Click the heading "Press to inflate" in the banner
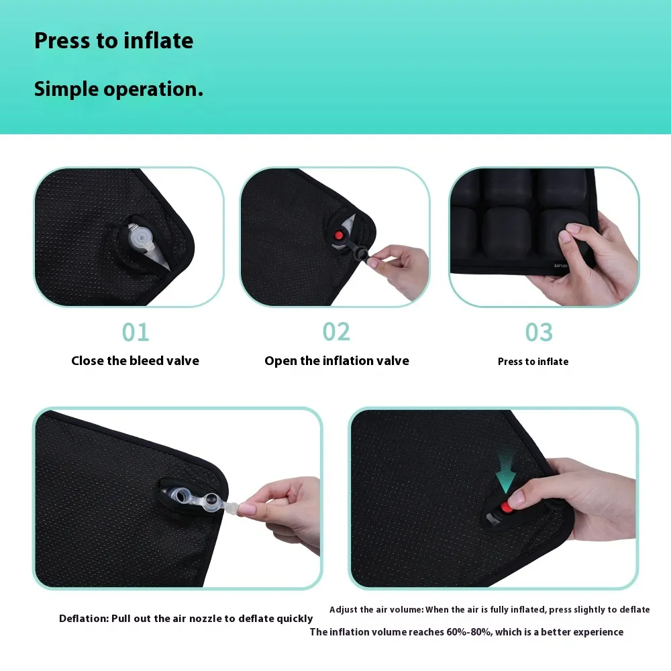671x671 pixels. [x=114, y=41]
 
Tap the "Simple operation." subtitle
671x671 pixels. [x=119, y=89]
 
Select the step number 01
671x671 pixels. [x=136, y=332]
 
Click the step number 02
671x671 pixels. [x=336, y=332]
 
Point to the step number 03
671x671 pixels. [x=539, y=332]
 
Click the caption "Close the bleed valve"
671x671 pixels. [x=136, y=361]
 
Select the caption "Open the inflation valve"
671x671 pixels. [x=337, y=361]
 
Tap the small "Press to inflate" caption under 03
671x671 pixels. [x=533, y=362]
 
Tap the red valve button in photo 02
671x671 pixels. [x=338, y=236]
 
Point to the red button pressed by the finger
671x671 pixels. [x=506, y=507]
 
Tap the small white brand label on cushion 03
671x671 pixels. [x=560, y=266]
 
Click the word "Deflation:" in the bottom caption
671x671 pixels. [x=84, y=619]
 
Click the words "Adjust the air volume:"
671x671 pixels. [x=376, y=610]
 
